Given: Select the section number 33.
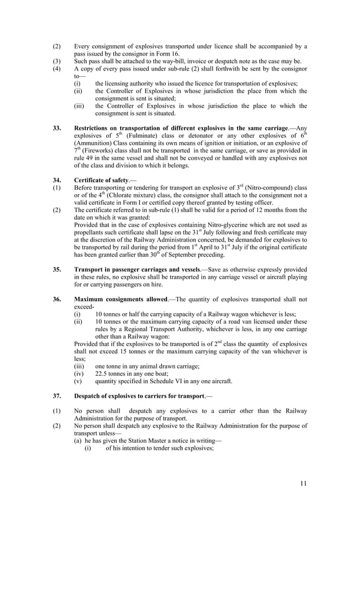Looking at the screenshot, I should click(x=57, y=129).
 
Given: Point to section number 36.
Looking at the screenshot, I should click(x=57, y=299).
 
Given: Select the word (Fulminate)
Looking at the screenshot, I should click(x=141, y=136).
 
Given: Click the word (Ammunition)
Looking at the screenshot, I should click(x=95, y=143).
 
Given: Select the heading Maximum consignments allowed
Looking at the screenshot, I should click(x=120, y=299).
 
